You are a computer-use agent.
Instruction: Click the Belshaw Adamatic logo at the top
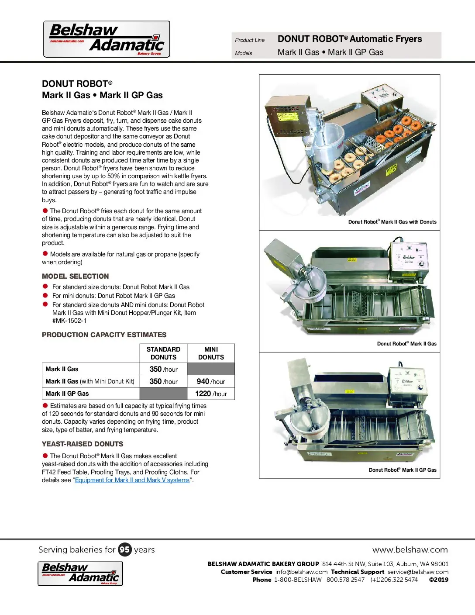107,39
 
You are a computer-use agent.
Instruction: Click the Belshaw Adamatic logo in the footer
80,573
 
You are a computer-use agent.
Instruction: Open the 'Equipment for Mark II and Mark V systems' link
132,480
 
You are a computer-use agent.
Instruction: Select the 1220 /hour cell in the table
211,394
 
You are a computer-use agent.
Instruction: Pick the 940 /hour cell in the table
211,381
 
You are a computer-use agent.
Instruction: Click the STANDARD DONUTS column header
163,353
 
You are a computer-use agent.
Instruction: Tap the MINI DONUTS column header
211,353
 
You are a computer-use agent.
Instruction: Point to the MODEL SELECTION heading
75,276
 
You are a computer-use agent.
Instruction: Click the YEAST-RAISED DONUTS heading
83,444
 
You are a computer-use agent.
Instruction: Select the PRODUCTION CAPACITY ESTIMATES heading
104,335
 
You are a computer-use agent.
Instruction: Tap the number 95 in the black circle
125,549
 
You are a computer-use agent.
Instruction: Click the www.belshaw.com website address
410,549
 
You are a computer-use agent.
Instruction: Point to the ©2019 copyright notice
438,580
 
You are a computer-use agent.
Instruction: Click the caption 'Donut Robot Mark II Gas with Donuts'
392,222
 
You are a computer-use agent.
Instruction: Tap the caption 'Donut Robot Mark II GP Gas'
403,470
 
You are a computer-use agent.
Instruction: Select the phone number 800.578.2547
345,580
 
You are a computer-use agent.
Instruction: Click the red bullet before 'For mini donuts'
45,295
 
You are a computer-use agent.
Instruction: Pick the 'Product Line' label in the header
250,40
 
